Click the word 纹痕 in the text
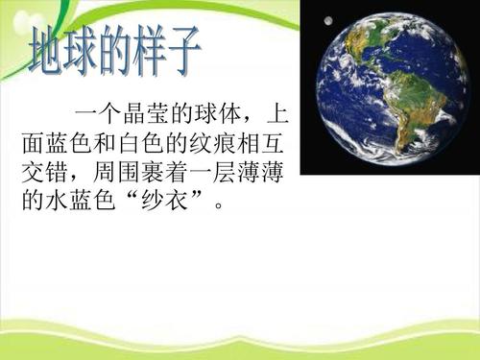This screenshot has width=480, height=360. click(x=209, y=147)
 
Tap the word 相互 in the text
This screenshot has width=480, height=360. click(x=259, y=147)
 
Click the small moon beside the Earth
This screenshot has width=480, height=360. click(x=328, y=21)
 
